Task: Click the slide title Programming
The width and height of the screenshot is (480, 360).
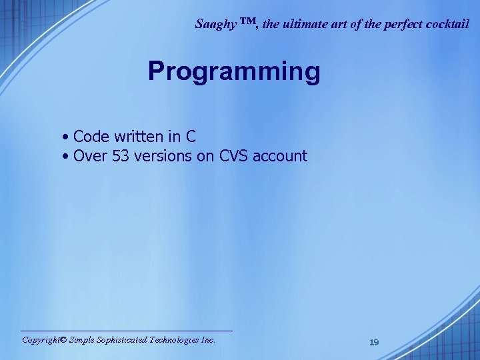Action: pos(234,72)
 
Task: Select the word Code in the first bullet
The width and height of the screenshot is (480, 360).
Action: pos(91,137)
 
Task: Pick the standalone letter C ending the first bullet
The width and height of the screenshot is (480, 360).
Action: pos(191,137)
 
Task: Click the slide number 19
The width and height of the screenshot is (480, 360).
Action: pos(374,342)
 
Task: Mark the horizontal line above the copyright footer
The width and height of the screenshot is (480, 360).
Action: pos(127,331)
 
